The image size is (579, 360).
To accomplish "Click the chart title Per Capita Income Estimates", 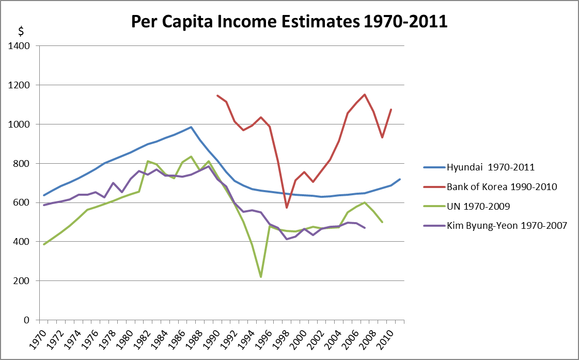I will pyautogui.click(x=289, y=22).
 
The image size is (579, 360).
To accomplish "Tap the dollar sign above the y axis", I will pyautogui.click(x=21, y=31).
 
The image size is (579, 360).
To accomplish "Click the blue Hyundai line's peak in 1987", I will pyautogui.click(x=191, y=127).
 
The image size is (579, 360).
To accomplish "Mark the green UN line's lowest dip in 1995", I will pyautogui.click(x=261, y=277).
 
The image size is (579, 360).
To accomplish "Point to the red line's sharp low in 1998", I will pyautogui.click(x=287, y=208).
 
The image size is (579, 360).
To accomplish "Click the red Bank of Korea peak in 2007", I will pyautogui.click(x=365, y=95).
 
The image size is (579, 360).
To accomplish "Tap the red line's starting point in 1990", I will pyautogui.click(x=217, y=96).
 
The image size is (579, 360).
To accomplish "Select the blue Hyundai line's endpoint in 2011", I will pyautogui.click(x=400, y=179).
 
